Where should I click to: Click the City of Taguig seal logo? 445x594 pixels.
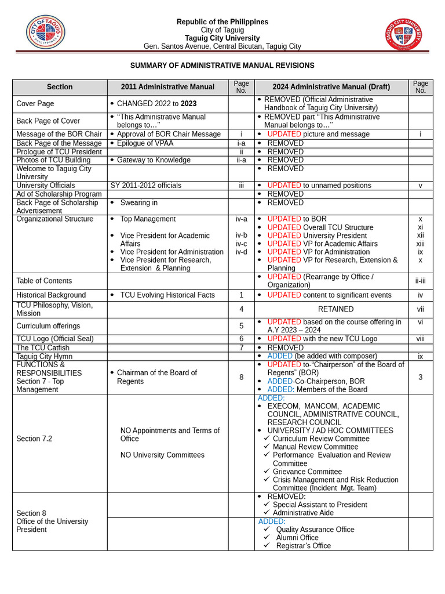(45, 32)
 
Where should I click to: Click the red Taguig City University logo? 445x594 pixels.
(403, 34)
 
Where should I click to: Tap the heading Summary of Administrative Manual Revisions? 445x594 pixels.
(222, 66)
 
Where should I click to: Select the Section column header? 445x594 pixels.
(60, 87)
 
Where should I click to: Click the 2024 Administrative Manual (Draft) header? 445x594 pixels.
(331, 87)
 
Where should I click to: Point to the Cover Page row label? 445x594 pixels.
(35, 104)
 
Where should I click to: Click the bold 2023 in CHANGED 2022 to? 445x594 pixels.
(188, 104)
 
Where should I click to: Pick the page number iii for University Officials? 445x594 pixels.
(241, 186)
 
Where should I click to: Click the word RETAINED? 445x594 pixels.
(335, 309)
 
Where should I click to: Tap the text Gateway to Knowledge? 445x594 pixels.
(154, 160)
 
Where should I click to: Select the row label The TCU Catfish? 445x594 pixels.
(39, 347)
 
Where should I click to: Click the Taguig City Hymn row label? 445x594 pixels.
(45, 356)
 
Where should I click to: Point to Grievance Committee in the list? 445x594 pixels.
(307, 472)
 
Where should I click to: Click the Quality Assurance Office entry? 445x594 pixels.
(315, 529)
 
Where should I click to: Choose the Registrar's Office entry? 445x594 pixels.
(303, 545)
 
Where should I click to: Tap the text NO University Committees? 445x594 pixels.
(162, 455)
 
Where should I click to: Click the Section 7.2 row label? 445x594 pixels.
(34, 439)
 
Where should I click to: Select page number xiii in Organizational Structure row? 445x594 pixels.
(420, 244)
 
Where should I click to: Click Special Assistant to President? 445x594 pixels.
(320, 505)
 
